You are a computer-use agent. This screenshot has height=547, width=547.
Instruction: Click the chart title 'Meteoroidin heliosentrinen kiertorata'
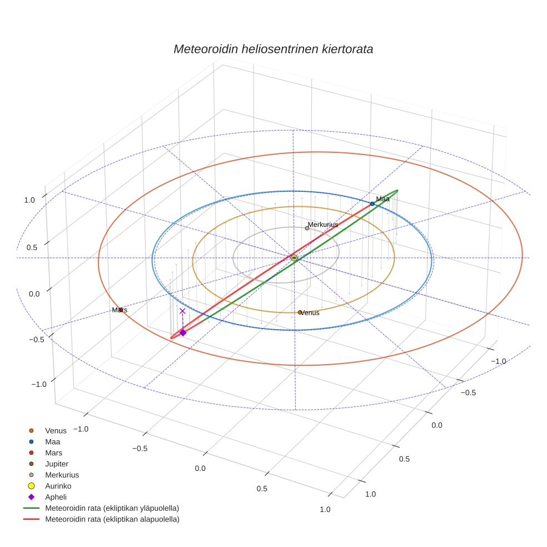click(273, 49)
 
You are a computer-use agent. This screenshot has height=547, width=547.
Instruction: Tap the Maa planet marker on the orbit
click(372, 204)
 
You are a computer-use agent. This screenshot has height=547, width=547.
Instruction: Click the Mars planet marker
click(121, 310)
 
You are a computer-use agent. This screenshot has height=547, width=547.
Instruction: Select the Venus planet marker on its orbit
click(300, 312)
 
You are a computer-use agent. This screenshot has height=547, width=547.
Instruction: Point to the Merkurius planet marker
click(307, 228)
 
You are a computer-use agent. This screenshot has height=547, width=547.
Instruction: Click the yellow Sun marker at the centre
click(294, 258)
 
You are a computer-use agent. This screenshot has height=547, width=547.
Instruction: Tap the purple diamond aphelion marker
click(183, 332)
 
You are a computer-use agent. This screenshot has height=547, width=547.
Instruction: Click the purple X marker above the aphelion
click(182, 311)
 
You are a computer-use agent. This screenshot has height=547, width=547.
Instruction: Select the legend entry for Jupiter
click(57, 464)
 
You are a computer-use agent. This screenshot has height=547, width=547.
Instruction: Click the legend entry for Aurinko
click(58, 486)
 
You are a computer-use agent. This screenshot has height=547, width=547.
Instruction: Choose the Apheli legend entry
click(56, 497)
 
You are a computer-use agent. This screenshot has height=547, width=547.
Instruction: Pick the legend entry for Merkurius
click(62, 475)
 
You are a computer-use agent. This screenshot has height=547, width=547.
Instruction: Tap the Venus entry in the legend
click(56, 430)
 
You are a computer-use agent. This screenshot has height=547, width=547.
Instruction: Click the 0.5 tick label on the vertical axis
click(31, 247)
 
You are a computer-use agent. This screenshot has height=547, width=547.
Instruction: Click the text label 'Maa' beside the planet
click(382, 198)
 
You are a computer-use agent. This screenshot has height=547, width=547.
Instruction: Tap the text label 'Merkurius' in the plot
click(323, 225)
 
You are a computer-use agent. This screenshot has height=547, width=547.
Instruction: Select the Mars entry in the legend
click(53, 452)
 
